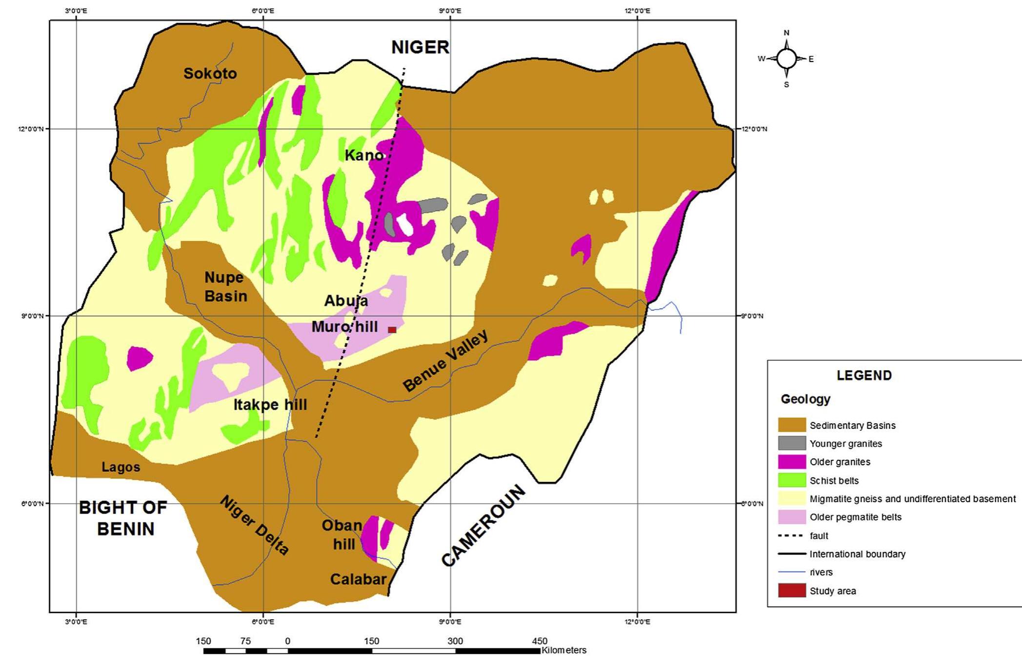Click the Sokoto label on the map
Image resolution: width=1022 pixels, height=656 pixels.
click(x=210, y=74)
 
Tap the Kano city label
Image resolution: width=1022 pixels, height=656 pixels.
click(x=364, y=156)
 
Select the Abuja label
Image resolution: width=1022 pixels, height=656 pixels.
click(x=346, y=301)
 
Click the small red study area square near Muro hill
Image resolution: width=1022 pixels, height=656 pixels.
click(x=392, y=330)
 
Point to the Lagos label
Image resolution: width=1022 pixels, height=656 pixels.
click(x=120, y=467)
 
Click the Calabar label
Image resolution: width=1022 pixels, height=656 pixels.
click(x=358, y=579)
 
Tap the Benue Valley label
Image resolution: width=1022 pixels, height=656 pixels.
click(x=445, y=361)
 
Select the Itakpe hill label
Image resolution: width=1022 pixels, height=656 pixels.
click(x=270, y=405)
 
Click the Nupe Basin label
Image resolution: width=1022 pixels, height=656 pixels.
click(x=225, y=287)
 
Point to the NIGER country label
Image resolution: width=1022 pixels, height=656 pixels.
click(x=420, y=47)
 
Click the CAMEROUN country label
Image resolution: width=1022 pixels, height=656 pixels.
click(x=483, y=526)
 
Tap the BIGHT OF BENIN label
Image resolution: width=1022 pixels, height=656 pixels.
click(x=123, y=518)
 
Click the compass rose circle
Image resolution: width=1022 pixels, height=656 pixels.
click(x=786, y=59)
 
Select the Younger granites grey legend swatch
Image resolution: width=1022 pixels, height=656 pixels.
click(x=791, y=443)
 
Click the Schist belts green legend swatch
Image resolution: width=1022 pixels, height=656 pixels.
click(x=791, y=480)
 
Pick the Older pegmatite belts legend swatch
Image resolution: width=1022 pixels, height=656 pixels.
click(x=791, y=517)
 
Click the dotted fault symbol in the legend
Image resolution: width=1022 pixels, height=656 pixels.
click(x=791, y=536)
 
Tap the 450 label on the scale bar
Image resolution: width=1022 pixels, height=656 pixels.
click(x=539, y=641)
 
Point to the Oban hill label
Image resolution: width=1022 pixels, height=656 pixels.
click(x=342, y=535)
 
